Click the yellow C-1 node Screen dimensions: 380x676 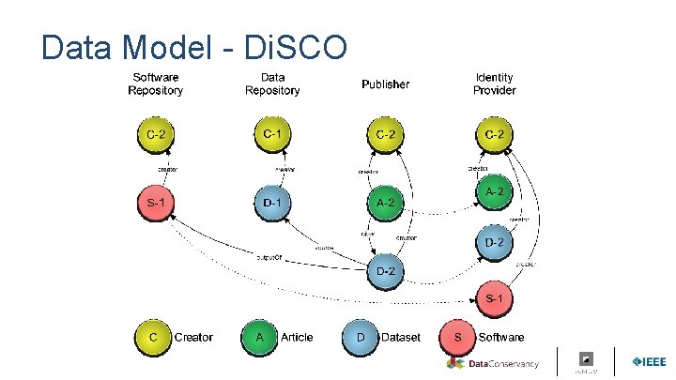(272, 135)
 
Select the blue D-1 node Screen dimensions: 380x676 (272, 202)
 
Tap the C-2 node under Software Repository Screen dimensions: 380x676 (156, 135)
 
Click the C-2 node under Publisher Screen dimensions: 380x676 (385, 135)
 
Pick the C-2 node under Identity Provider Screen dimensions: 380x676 (495, 135)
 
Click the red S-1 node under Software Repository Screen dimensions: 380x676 (156, 202)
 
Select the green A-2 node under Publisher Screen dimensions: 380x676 (385, 202)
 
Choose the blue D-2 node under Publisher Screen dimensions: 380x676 (385, 271)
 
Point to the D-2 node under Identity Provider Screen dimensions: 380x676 (495, 242)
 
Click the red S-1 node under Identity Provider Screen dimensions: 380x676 (495, 297)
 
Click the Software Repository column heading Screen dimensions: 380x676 (156, 84)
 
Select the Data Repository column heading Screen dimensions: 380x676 (272, 84)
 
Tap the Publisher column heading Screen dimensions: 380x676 (385, 84)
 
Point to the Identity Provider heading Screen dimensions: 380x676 (495, 84)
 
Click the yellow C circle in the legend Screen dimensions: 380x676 (153, 337)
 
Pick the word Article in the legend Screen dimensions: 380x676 (297, 337)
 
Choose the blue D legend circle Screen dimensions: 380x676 (361, 337)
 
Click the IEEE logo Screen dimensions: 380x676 (649, 362)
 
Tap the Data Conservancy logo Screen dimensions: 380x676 (492, 363)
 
